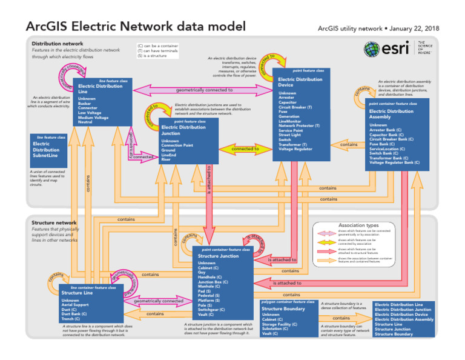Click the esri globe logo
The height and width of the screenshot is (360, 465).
coord(373,48)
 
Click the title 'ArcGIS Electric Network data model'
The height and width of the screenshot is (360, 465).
coord(136,27)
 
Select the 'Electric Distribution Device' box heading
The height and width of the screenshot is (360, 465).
coord(300,82)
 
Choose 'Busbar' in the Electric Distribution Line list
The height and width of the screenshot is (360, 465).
coord(84,103)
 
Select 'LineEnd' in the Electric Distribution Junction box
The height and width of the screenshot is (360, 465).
coord(168,155)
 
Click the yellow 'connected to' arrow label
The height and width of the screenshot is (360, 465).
coord(245,148)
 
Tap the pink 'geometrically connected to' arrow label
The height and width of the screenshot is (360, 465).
coord(205,90)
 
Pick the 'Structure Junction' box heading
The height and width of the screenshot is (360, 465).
coord(219,256)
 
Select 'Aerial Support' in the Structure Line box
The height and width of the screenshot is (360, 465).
coord(75,305)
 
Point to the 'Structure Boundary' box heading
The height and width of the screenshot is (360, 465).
coord(283,308)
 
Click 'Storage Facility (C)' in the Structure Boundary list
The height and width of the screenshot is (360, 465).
coord(280,324)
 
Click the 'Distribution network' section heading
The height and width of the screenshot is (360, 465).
coord(58,44)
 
